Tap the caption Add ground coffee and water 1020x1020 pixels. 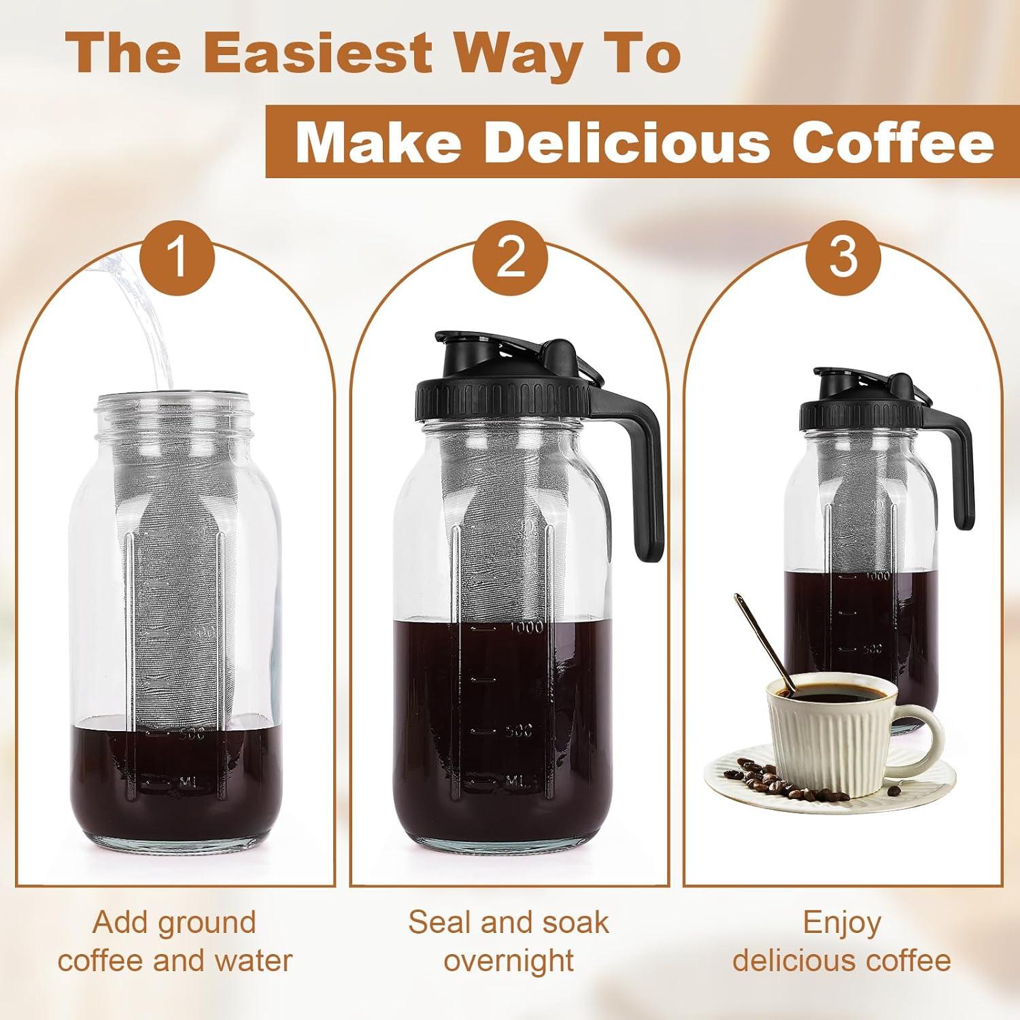[175, 942]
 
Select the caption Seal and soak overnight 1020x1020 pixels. [509, 942]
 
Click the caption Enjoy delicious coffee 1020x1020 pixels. [842, 942]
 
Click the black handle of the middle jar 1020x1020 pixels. [646, 476]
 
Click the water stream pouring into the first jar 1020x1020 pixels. [146, 320]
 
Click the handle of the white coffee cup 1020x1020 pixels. [925, 738]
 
